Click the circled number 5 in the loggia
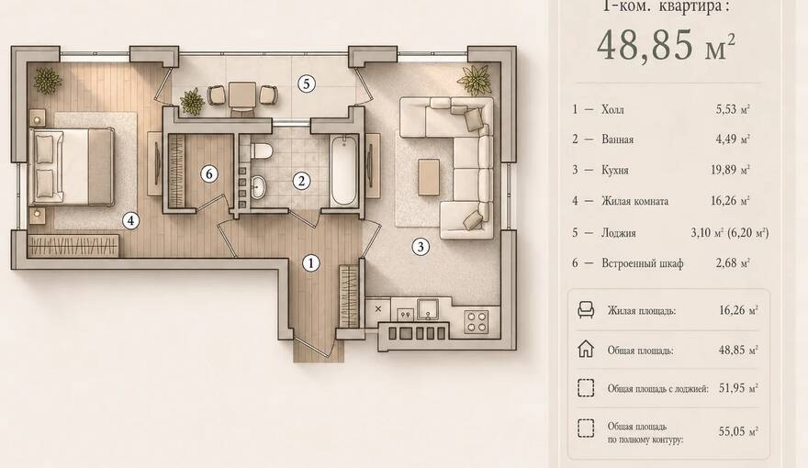(x=307, y=84)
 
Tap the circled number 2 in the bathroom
(x=301, y=181)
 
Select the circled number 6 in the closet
(x=208, y=174)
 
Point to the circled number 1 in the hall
(x=310, y=263)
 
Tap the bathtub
(x=343, y=170)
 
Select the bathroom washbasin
(x=258, y=187)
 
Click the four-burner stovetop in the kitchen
(x=477, y=321)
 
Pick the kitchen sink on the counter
(x=428, y=309)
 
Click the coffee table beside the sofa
(x=429, y=177)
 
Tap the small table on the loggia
(x=242, y=95)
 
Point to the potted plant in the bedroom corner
(x=48, y=81)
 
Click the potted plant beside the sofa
(x=474, y=80)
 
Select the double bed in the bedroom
(x=73, y=167)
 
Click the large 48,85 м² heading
(x=666, y=45)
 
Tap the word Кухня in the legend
(x=615, y=170)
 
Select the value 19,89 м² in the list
(x=730, y=170)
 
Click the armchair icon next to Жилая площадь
(x=586, y=310)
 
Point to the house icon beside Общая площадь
(x=586, y=349)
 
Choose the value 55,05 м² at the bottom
(x=738, y=431)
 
